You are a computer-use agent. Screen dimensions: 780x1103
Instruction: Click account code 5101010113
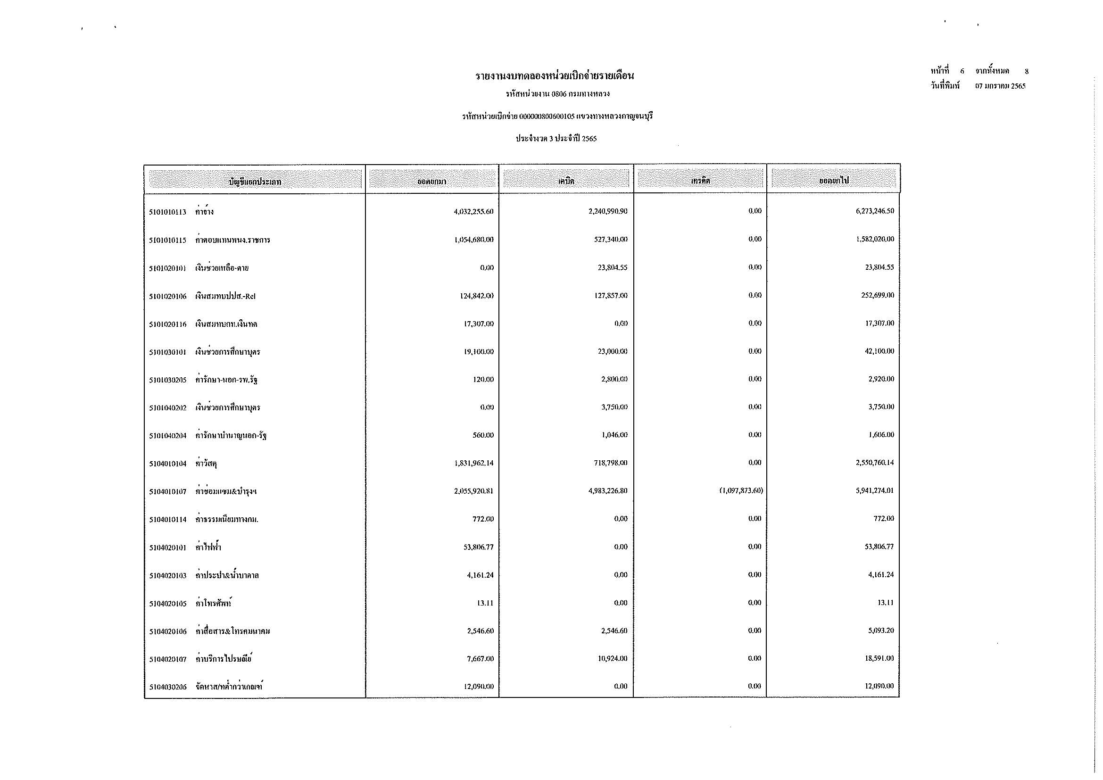[x=167, y=212]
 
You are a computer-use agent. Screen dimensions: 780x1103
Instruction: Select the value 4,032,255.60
[x=473, y=211]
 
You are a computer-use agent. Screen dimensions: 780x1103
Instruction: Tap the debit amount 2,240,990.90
[x=608, y=211]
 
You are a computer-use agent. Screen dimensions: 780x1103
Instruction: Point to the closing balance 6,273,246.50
[x=874, y=211]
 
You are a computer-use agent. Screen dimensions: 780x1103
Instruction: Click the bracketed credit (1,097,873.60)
[x=741, y=490]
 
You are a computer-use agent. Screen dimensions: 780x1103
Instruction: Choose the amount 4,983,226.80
[x=608, y=491]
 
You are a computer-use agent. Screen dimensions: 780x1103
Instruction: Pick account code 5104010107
[x=167, y=492]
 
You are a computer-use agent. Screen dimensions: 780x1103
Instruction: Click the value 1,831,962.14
[x=473, y=463]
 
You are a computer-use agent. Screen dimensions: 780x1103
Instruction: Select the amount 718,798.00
[x=611, y=463]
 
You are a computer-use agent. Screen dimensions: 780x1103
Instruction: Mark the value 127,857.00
[x=611, y=295]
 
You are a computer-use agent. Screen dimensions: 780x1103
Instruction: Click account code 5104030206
[x=167, y=687]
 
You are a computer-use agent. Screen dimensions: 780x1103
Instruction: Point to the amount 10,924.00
[x=613, y=658]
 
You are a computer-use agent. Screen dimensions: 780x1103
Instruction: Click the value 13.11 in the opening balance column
[x=485, y=603]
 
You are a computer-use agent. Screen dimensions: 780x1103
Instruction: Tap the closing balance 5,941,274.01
[x=874, y=491]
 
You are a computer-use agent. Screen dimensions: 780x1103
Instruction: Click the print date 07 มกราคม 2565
[x=1000, y=86]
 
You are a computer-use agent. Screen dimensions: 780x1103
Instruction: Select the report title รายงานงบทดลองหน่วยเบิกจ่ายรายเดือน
[x=555, y=76]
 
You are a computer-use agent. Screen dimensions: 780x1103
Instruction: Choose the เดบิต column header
[x=566, y=181]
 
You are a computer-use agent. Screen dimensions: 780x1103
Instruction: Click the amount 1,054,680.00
[x=473, y=240]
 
